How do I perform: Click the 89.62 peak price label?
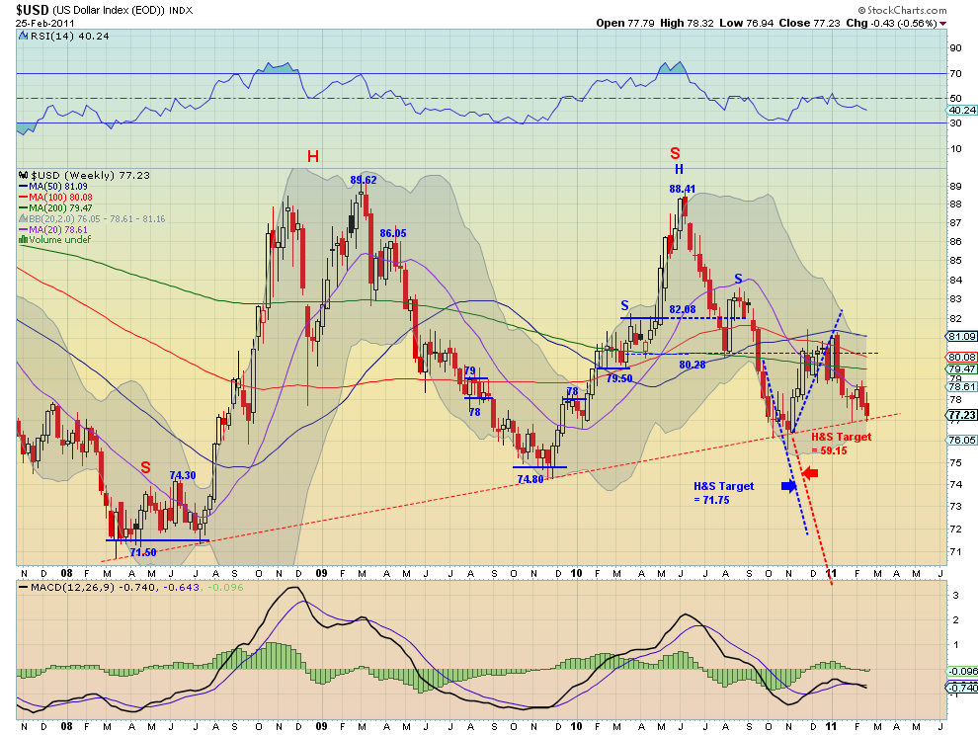tap(363, 181)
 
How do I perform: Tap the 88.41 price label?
tap(682, 189)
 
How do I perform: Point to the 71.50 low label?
tap(143, 552)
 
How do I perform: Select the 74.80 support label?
tap(530, 479)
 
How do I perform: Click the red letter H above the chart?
tap(313, 157)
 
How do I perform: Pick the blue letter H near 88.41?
tap(680, 169)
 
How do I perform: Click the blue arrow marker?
tap(789, 485)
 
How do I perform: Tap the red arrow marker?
tap(810, 473)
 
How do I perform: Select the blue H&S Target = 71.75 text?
tap(723, 493)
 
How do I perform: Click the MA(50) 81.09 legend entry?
tap(53, 187)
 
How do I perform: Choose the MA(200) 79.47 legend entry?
tap(55, 207)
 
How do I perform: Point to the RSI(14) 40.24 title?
tap(64, 37)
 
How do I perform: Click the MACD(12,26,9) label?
tap(66, 587)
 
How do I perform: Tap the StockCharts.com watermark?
tap(902, 10)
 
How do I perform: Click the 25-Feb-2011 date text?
tap(38, 23)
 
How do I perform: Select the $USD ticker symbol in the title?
tap(32, 10)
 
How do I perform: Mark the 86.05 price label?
tap(393, 233)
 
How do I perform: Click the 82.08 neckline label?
tap(683, 309)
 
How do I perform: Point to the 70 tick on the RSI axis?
tap(955, 74)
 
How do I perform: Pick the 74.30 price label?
tap(183, 475)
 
